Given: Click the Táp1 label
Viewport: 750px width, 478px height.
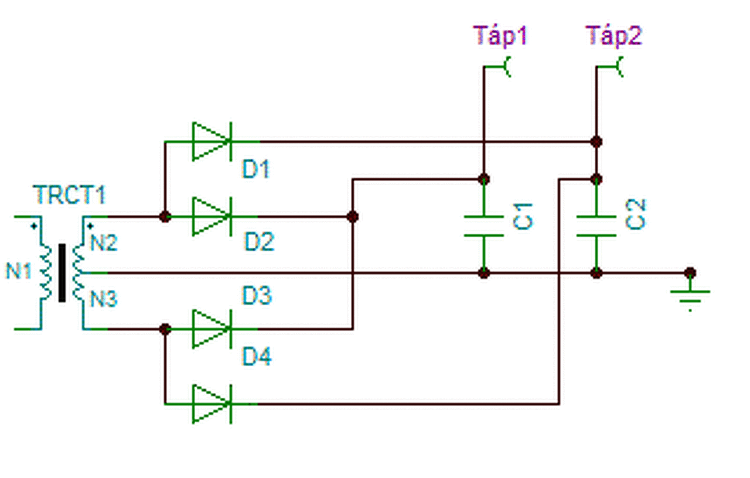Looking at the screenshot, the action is (500, 36).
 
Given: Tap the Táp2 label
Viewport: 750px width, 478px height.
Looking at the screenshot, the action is (613, 36).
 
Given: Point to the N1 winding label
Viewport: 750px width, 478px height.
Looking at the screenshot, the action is (19, 271).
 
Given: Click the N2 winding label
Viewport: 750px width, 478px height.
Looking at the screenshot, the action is (104, 243).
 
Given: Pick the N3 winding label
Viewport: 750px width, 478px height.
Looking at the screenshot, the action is (104, 299).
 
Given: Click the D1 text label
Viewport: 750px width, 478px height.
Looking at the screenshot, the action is (256, 169).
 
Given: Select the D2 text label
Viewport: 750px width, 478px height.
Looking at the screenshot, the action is (260, 242).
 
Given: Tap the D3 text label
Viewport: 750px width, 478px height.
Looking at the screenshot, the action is (257, 295).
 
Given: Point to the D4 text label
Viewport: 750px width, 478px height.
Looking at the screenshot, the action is (257, 356).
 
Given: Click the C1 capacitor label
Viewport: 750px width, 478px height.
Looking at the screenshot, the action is (523, 216).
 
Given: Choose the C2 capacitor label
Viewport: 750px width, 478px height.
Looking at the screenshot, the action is (635, 214).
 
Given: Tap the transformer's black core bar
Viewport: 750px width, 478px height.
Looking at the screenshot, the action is (62, 273).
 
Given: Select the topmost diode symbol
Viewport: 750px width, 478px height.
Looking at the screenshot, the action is (212, 142).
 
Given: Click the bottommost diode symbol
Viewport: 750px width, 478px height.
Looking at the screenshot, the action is (212, 404).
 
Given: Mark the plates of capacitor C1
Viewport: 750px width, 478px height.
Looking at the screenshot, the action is (484, 226).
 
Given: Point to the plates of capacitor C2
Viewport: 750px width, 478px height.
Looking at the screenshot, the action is (596, 226).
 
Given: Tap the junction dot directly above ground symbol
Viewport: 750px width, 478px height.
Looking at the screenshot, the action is (690, 273).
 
